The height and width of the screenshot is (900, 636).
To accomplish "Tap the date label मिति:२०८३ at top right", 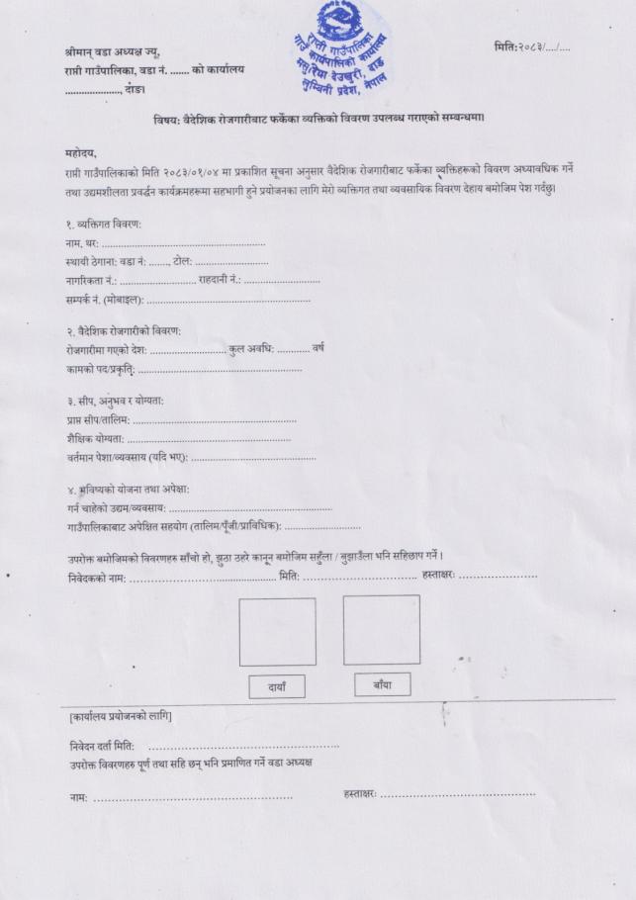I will (519, 47).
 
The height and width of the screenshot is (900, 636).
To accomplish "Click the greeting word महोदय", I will (79, 153).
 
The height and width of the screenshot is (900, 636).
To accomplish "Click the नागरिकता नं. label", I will (89, 280).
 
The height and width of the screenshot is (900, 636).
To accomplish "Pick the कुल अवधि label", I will (251, 349).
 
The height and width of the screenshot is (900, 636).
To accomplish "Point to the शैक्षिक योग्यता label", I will (94, 438).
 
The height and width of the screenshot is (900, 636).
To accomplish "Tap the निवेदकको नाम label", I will (96, 577).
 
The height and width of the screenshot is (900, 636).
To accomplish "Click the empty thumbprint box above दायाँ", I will (277, 631).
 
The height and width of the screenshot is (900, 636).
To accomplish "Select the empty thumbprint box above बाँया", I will (381, 629).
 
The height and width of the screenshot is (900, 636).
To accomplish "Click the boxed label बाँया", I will (382, 683).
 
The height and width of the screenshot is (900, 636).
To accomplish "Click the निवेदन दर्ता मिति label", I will (103, 745).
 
